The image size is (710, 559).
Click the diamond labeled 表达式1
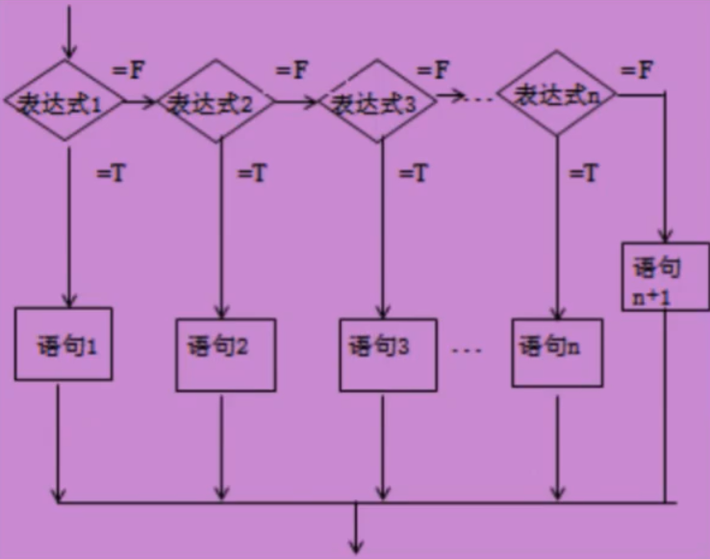coord(64,101)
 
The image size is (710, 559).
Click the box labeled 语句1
coord(63,343)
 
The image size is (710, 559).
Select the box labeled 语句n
coord(557,346)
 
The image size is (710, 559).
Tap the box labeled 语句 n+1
coord(665,276)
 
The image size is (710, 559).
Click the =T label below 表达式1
coord(111,174)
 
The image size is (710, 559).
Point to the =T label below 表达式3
coord(414,174)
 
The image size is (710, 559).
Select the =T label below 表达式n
coord(584,174)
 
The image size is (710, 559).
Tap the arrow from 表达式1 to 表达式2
coord(140,101)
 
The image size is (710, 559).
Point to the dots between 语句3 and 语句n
coord(466,349)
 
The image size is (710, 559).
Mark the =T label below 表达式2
coord(252,174)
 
